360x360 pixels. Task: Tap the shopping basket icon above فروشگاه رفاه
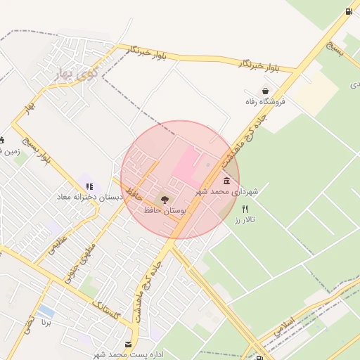point(265,91)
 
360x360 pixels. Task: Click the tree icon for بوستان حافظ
point(165,200)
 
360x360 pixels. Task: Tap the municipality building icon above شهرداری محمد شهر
point(226,181)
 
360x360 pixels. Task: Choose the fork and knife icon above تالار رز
point(245,209)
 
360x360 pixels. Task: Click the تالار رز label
point(244,220)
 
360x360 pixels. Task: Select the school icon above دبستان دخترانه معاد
point(89,187)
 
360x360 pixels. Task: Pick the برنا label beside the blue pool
point(46,324)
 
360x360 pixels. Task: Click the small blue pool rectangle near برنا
point(46,310)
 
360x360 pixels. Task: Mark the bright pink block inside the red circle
point(186,166)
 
